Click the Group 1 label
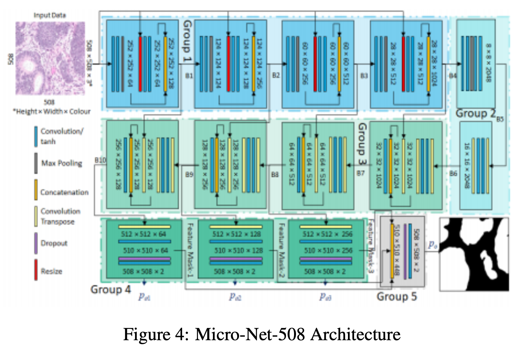pos(188,42)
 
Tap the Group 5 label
pos(397,296)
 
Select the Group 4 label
pos(110,289)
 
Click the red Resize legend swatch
pos(36,270)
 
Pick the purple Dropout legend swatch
pos(36,243)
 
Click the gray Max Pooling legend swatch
pos(36,163)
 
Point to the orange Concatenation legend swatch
pos(36,190)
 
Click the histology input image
pos(50,58)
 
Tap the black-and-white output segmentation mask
pos(474,254)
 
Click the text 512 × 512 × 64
pos(143,234)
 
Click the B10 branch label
pos(100,160)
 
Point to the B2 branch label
pos(276,75)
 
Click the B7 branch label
pos(361,173)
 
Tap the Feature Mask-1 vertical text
pos(190,250)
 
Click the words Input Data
pos(50,15)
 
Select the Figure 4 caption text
pos(262,335)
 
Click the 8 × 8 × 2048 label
pos(488,63)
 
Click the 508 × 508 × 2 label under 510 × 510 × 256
pos(325,271)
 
